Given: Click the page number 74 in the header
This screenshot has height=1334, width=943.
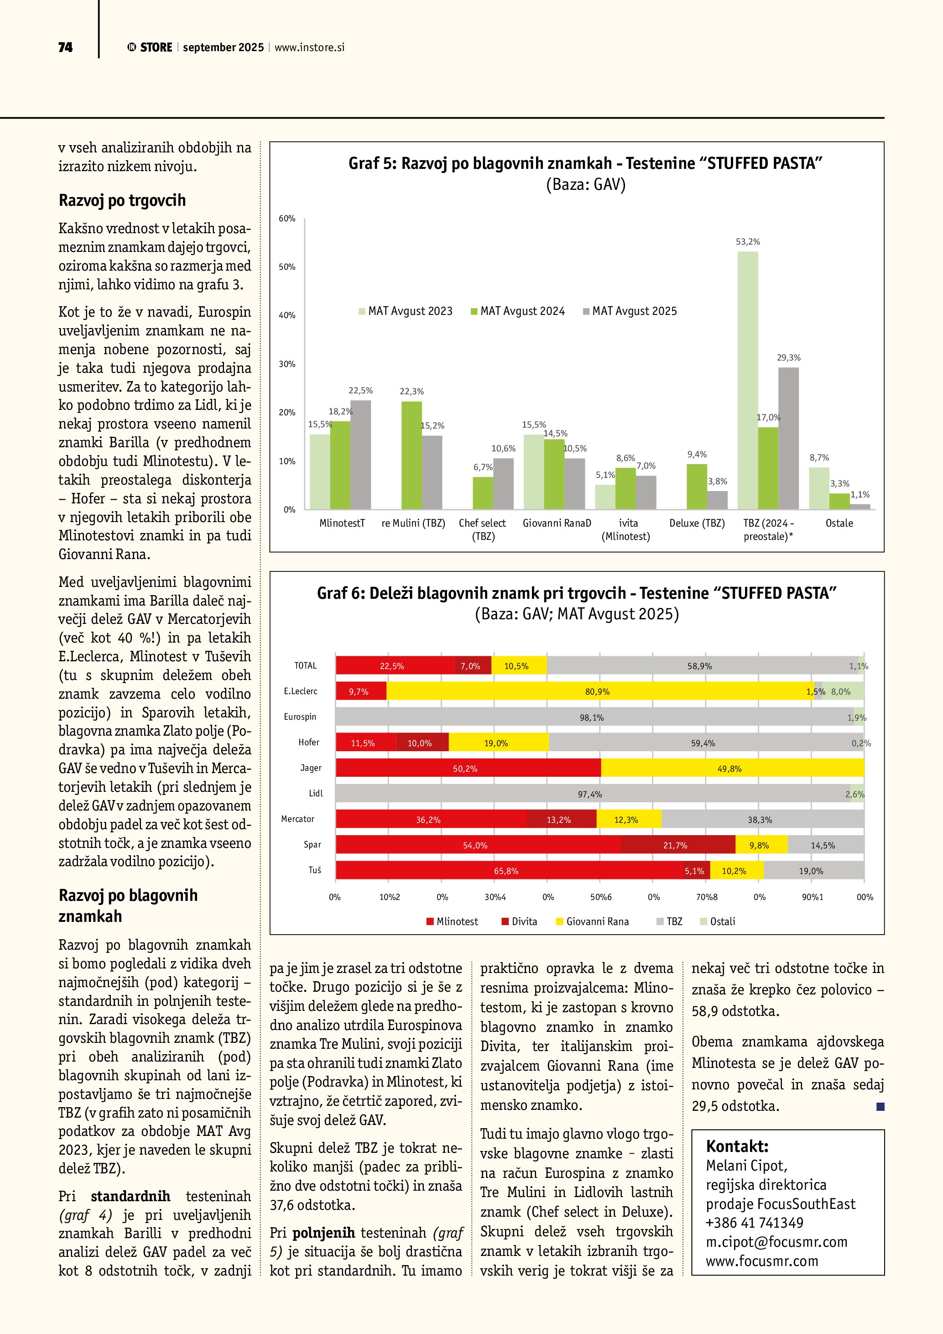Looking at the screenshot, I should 65,47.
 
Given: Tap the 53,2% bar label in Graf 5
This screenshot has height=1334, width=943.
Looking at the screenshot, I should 747,242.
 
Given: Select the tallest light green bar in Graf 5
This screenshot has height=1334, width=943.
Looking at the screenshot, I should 747,381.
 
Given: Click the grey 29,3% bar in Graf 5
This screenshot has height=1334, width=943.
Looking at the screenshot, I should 788,439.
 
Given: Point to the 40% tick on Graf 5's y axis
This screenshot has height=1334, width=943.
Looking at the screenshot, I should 287,315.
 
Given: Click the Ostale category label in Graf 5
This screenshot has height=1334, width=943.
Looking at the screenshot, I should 839,523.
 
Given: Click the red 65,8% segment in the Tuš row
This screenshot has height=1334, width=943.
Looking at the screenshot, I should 506,871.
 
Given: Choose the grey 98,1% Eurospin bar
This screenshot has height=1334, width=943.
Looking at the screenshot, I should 591,717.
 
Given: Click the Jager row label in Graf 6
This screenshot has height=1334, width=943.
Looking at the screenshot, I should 311,768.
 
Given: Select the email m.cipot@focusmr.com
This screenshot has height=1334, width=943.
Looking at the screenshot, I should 776,1242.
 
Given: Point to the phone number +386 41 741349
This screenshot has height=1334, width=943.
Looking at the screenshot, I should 754,1223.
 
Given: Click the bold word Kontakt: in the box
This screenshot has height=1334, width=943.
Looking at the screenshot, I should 737,1146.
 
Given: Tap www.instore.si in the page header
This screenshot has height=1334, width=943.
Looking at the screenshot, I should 309,47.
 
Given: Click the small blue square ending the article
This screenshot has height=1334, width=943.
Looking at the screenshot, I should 880,1107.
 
